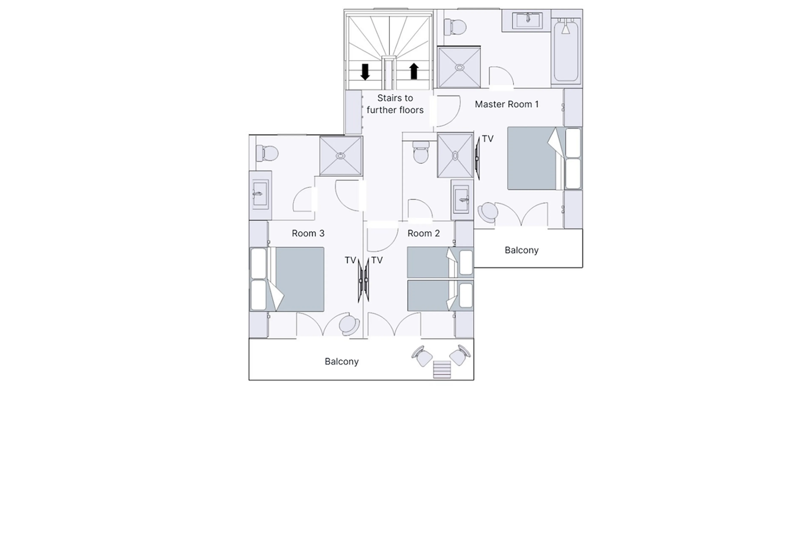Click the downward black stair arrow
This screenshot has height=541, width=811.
point(365,72)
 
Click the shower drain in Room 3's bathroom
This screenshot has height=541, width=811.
point(340,156)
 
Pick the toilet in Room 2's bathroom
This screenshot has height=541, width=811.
point(420,153)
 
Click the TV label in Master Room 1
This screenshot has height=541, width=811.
point(487,139)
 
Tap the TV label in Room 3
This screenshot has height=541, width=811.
point(350,260)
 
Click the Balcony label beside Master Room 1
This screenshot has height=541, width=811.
point(521,250)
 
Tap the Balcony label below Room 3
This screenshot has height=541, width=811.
point(341,362)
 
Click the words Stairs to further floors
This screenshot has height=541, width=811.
point(395,104)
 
